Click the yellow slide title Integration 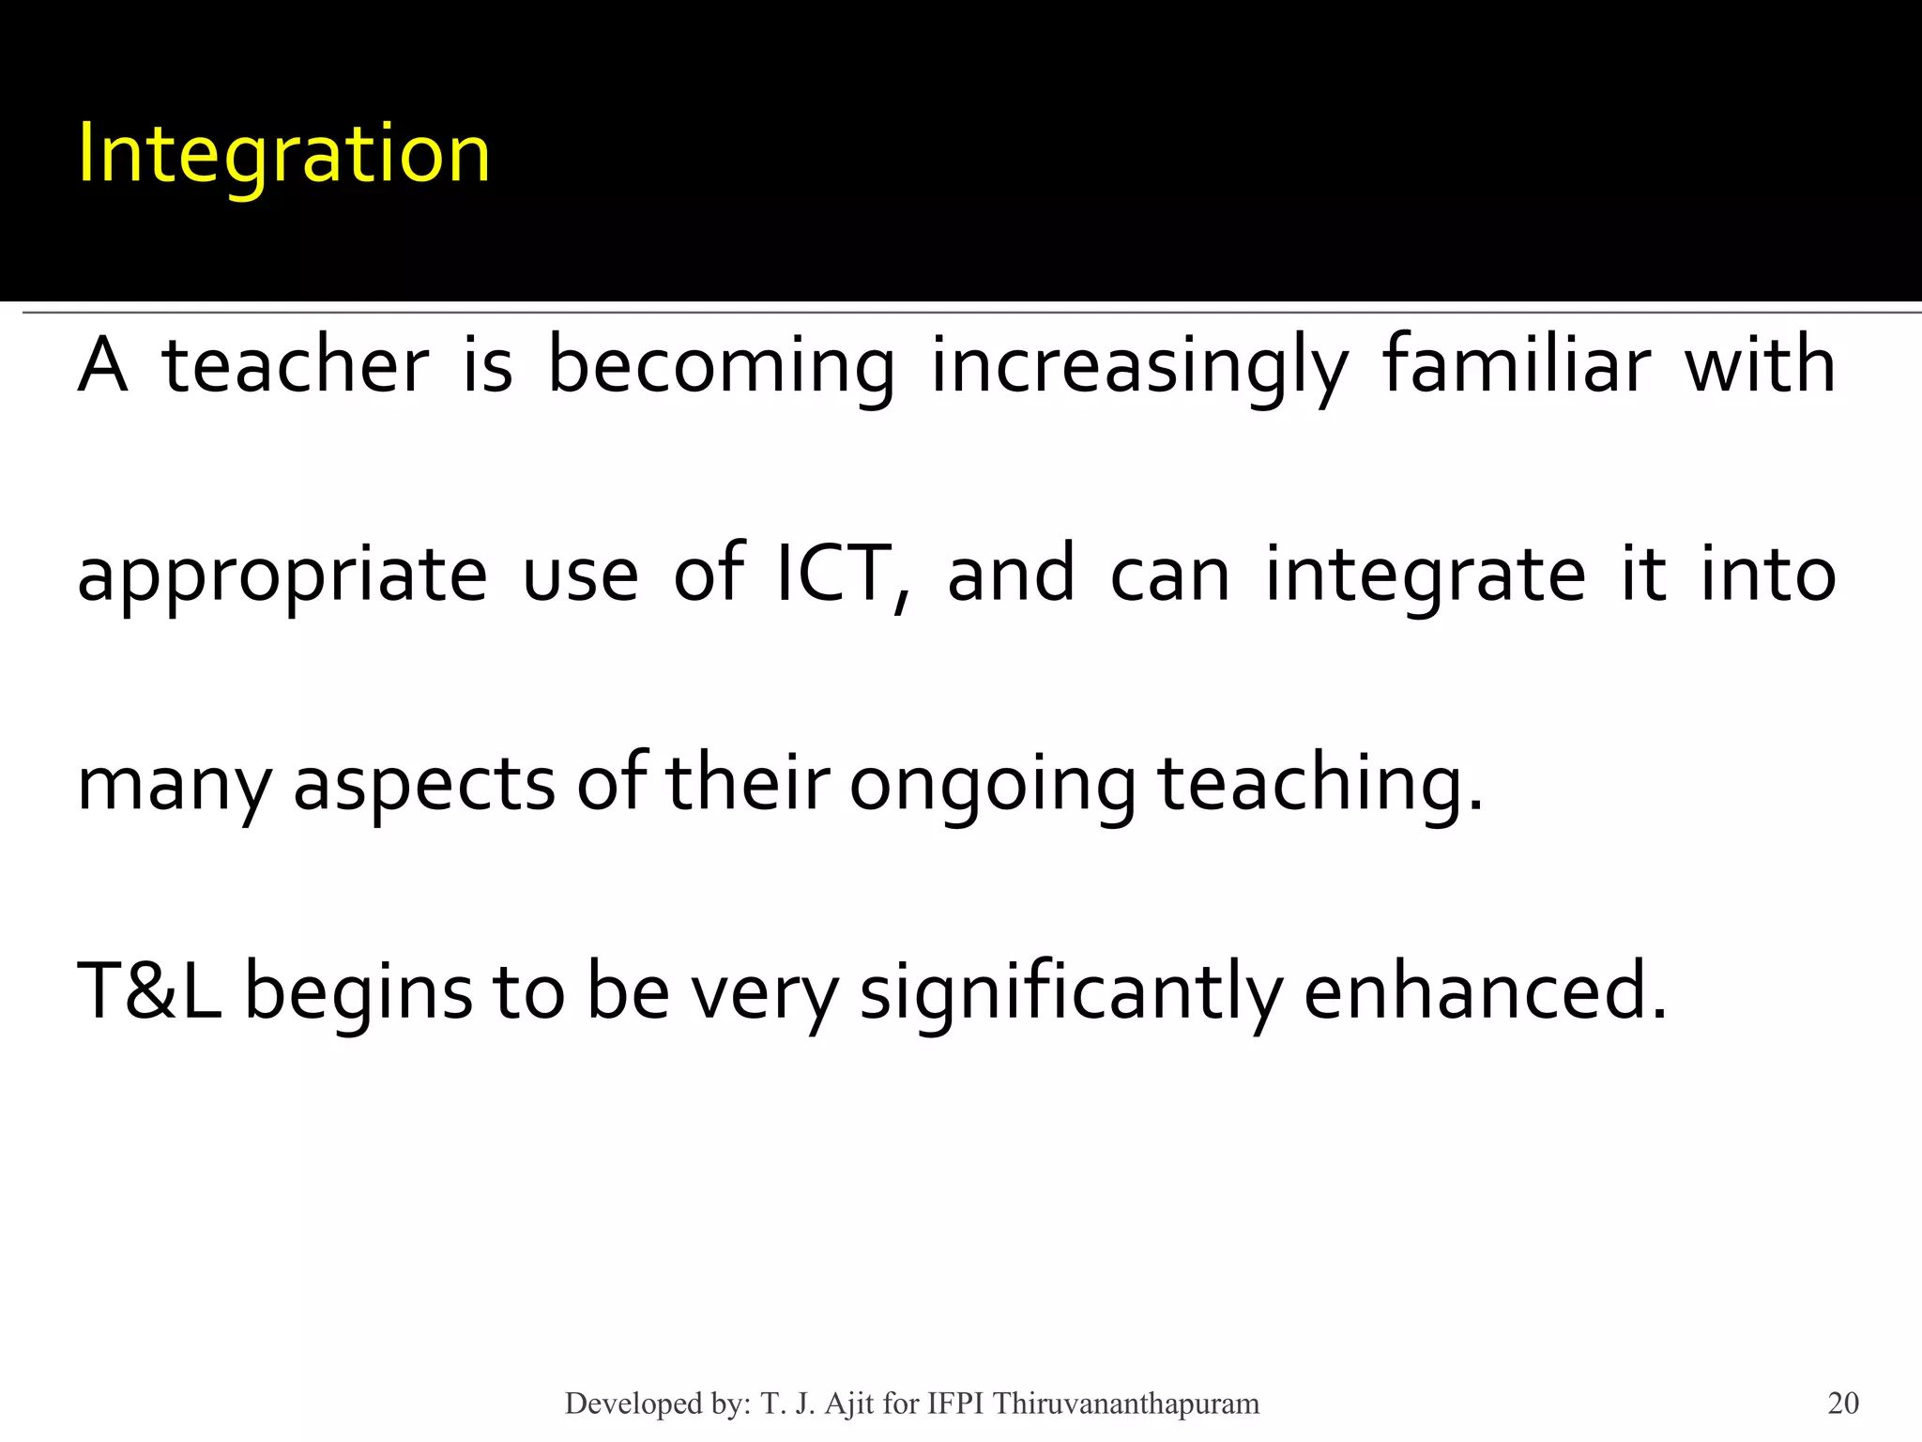283,155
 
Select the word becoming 721,368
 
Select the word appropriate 282,576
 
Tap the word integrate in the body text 1426,576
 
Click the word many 174,787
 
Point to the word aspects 424,787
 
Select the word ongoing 992,787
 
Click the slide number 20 1843,1404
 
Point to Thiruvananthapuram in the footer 1126,1404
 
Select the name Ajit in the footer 849,1404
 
